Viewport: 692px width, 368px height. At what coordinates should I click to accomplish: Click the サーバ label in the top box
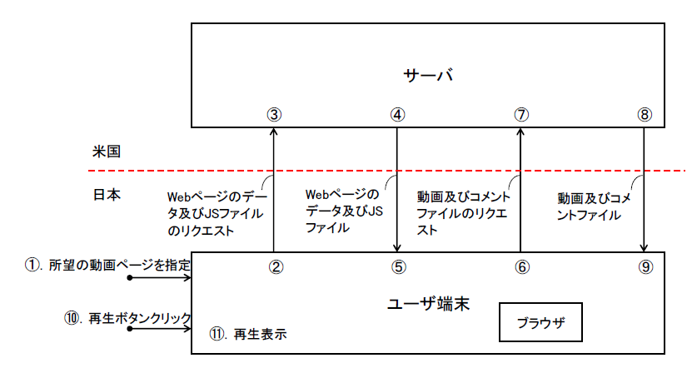click(x=427, y=75)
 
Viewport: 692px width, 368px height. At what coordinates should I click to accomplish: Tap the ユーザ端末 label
click(x=428, y=303)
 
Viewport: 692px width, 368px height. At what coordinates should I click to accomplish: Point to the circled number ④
click(x=397, y=115)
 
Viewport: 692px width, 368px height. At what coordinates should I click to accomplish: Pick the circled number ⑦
click(x=521, y=115)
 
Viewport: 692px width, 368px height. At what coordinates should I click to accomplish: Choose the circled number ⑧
click(x=645, y=115)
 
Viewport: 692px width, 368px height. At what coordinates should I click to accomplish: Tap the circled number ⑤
click(x=398, y=267)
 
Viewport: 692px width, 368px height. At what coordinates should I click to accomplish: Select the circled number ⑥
click(x=521, y=267)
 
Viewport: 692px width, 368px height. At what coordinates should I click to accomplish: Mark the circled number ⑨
click(x=645, y=267)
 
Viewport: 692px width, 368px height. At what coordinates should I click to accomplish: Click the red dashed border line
click(x=333, y=170)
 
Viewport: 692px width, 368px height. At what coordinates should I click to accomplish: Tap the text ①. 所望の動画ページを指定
click(x=107, y=265)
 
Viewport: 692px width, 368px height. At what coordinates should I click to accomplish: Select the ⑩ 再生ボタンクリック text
click(x=127, y=317)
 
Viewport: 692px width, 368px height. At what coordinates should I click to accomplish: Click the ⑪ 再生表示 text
click(x=248, y=335)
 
